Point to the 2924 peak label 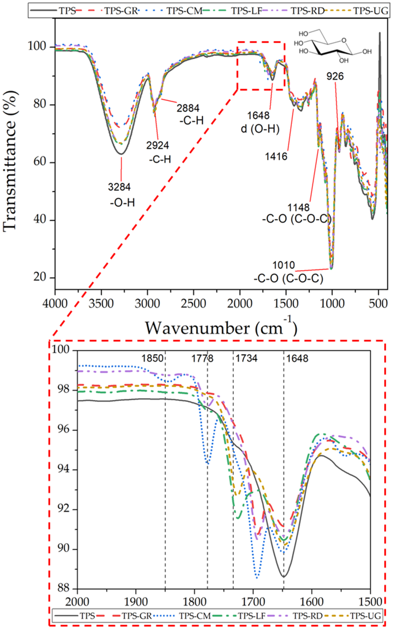tap(157, 145)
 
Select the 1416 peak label tap(276, 156)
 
